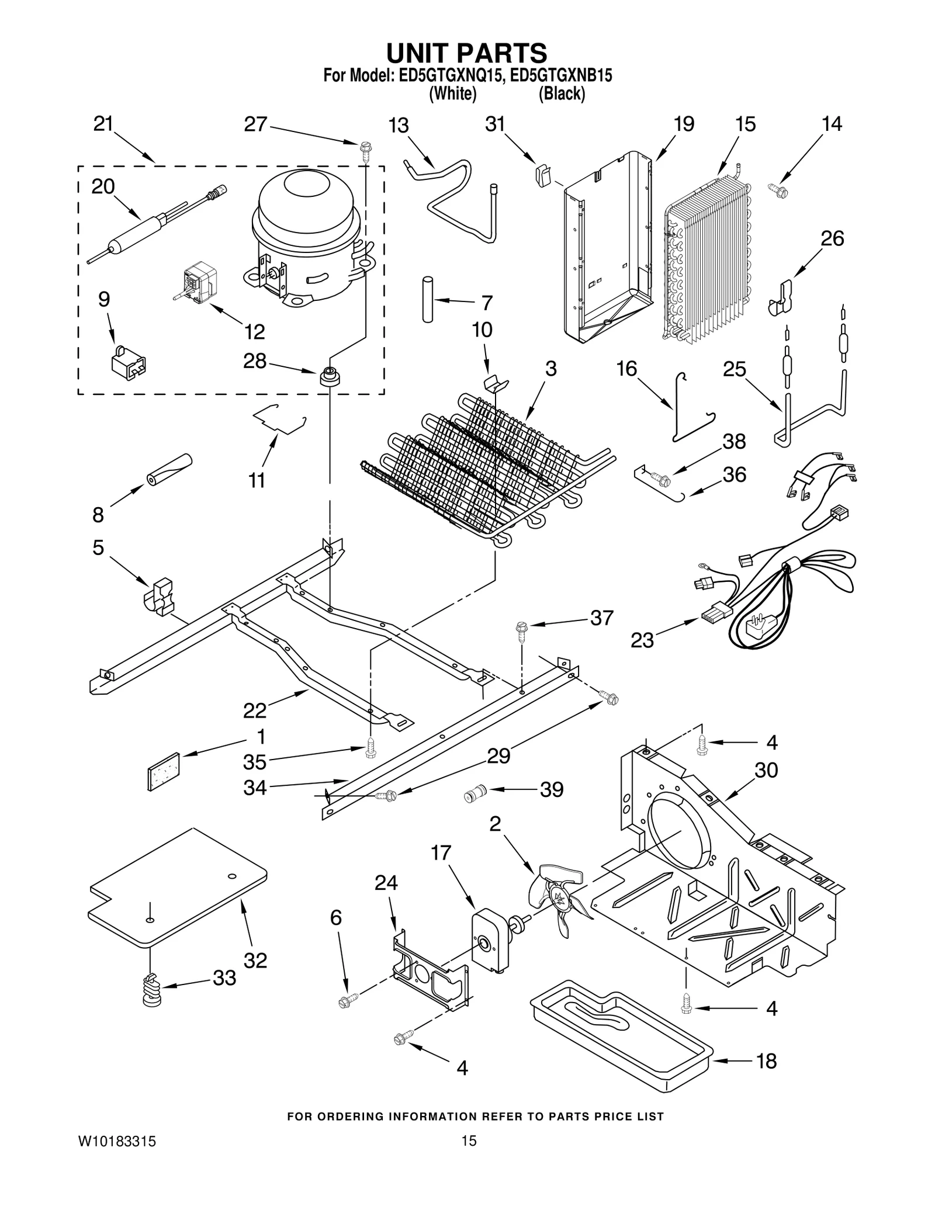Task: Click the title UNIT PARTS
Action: [466, 53]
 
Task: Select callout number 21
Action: [103, 124]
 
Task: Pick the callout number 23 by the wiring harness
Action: [642, 640]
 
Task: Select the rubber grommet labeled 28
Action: [330, 375]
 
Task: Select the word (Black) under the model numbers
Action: [562, 93]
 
